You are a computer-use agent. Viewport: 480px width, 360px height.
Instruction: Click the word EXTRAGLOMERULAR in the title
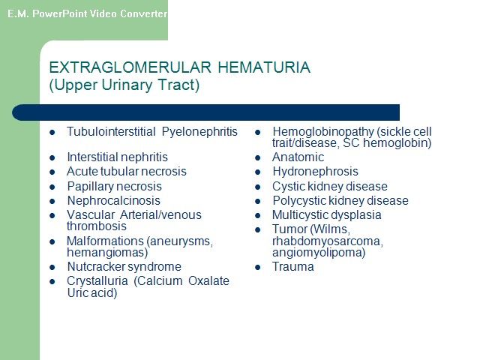coord(130,67)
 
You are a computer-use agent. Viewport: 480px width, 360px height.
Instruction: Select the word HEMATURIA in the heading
coord(264,67)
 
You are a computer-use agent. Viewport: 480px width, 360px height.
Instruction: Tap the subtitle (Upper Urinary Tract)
coord(124,85)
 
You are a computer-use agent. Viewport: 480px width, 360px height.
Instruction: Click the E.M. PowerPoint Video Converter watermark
coord(88,13)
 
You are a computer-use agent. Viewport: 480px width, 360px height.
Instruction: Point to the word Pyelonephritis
coord(199,132)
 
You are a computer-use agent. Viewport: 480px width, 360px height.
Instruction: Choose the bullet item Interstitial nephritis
coord(117,157)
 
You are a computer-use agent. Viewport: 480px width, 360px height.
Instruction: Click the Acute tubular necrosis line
coord(127,172)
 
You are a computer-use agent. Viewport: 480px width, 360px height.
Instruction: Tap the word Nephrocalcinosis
coord(113,201)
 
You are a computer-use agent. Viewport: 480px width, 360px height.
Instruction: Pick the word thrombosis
coord(97,226)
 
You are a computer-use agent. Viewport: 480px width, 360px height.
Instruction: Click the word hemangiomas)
coord(107,253)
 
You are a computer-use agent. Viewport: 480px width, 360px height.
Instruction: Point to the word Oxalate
coord(208,281)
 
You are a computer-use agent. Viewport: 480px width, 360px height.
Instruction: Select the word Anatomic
coord(298,157)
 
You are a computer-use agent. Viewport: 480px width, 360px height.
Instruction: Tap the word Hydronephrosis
coord(315,172)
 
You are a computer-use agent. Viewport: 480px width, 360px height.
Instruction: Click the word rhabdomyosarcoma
coord(328,241)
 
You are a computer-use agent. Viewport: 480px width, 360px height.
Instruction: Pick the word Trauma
coord(293,267)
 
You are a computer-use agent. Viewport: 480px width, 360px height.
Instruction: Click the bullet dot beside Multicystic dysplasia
coord(258,216)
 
